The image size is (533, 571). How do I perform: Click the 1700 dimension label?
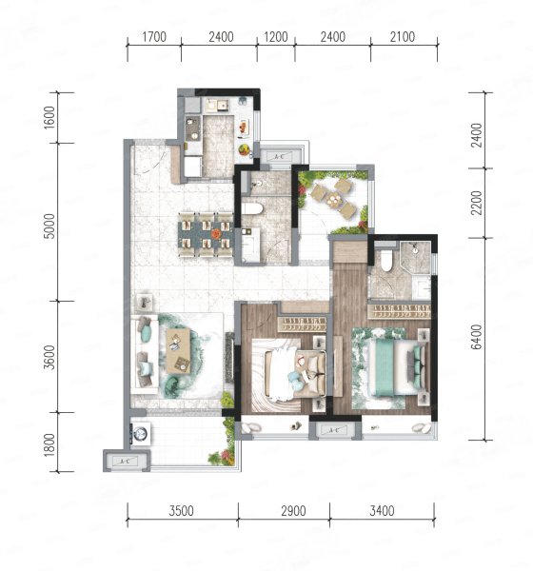point(154,37)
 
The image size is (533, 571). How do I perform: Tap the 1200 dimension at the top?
point(276,37)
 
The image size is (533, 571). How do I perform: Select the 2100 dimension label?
point(403,37)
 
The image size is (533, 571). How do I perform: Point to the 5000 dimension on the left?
point(49,226)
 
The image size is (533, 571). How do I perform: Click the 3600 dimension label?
point(49,357)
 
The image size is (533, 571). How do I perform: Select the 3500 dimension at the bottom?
point(182,511)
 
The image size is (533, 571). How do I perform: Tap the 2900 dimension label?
point(293,511)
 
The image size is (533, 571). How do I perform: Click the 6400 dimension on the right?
point(476,337)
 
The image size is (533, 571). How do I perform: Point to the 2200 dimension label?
point(476,203)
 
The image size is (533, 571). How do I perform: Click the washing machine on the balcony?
point(140,434)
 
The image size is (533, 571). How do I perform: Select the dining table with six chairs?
point(206,235)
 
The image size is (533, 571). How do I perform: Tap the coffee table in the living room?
point(178,350)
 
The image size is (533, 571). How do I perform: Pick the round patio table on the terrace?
point(334,200)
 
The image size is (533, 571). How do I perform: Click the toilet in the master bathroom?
point(386,261)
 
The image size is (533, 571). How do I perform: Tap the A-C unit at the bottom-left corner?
point(126,461)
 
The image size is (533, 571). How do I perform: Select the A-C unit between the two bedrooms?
point(335,430)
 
